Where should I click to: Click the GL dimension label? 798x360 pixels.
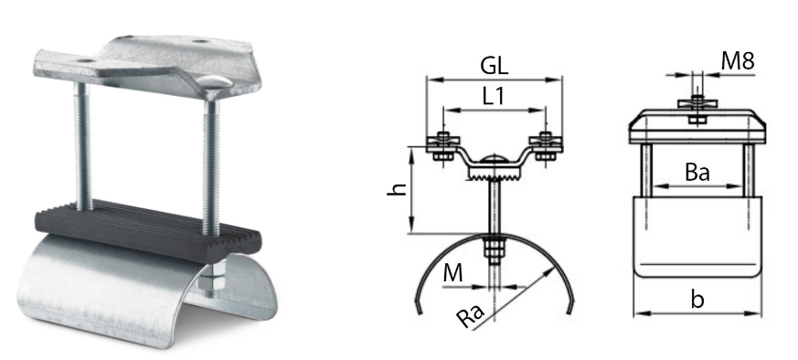pyautogui.click(x=495, y=66)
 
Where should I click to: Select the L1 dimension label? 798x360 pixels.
pyautogui.click(x=494, y=96)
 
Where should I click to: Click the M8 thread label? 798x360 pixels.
pyautogui.click(x=738, y=61)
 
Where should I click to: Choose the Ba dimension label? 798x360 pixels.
pyautogui.click(x=697, y=173)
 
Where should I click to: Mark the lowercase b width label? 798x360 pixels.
pyautogui.click(x=697, y=300)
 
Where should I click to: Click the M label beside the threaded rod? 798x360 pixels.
pyautogui.click(x=452, y=273)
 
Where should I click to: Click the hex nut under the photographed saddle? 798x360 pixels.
pyautogui.click(x=209, y=285)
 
